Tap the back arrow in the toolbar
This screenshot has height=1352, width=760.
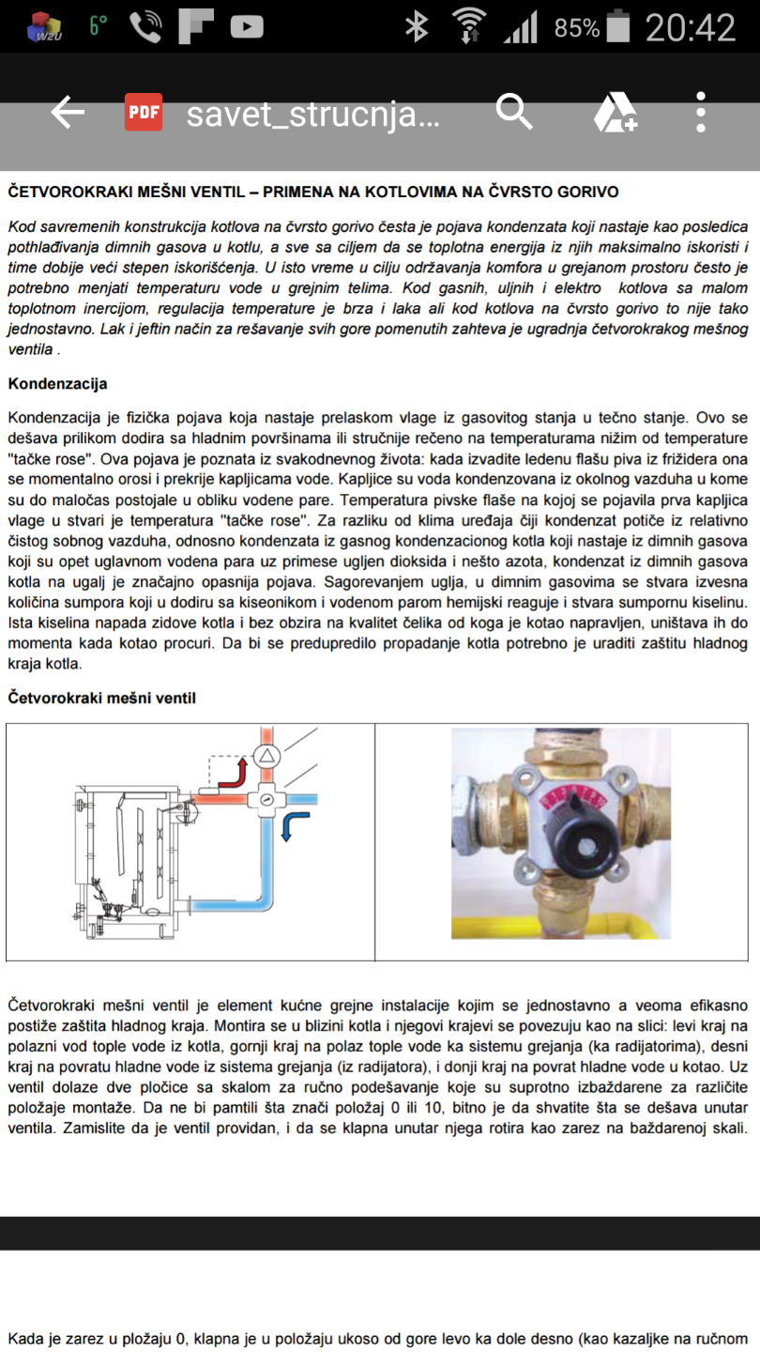(68, 113)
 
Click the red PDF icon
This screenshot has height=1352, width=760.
(144, 113)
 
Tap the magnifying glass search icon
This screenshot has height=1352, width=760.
(513, 113)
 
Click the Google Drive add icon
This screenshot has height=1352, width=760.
(616, 113)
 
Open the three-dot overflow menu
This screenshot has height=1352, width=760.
(701, 113)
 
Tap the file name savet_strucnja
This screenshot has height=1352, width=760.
(312, 115)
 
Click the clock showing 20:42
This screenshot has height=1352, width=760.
(690, 27)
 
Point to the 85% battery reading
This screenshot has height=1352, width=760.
(576, 28)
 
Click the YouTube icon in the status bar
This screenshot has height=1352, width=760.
(247, 27)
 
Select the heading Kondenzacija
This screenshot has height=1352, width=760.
(57, 384)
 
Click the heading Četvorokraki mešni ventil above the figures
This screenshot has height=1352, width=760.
(101, 698)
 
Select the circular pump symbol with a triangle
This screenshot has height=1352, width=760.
(267, 756)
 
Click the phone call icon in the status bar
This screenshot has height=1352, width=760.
(145, 27)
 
